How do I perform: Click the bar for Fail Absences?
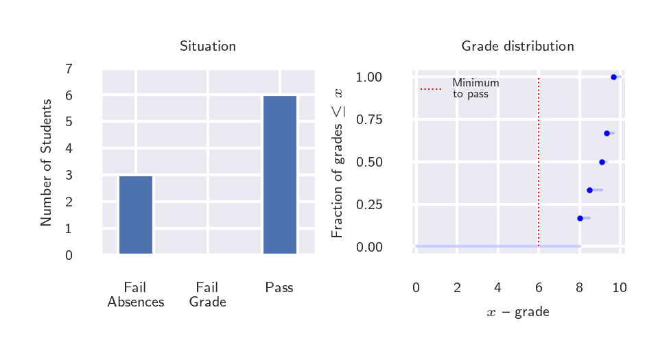pos(136,215)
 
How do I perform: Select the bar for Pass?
pos(280,174)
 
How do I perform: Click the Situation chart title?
pos(207,47)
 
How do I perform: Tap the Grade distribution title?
pos(517,47)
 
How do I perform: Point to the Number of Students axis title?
pos(47,163)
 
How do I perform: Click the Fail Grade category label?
pos(207,295)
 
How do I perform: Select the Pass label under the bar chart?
pos(279,288)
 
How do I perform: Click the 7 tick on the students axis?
pos(69,69)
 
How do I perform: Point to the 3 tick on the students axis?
pos(69,175)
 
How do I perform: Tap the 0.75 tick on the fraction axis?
pos(369,120)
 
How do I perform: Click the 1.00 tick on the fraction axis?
pos(369,77)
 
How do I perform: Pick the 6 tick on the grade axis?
pos(539,288)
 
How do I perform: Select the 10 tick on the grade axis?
pos(619,288)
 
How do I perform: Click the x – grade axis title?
pos(518,313)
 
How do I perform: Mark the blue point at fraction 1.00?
pos(614,77)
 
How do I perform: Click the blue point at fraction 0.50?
pos(602,162)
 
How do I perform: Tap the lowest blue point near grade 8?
pos(580,218)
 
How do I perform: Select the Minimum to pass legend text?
pos(475,88)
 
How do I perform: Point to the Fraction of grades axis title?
pos(338,163)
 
